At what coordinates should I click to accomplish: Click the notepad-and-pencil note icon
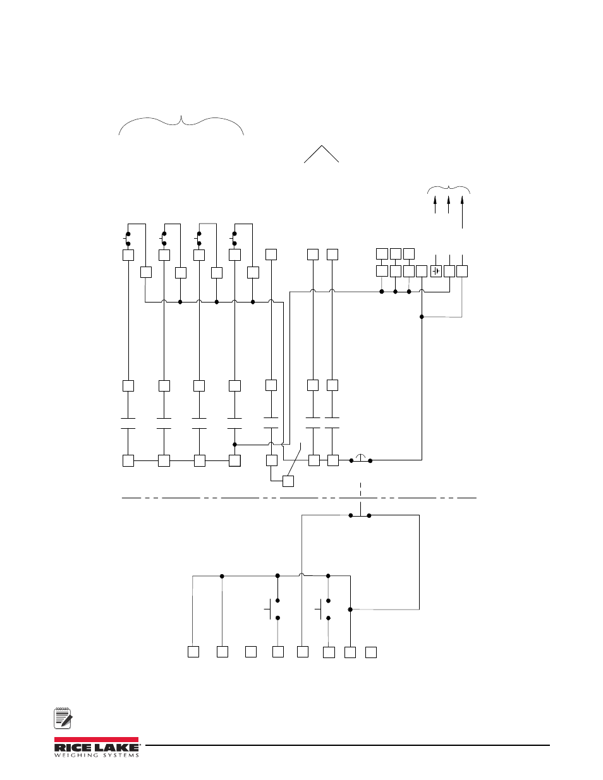click(x=63, y=718)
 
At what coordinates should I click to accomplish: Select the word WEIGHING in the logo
click(x=76, y=755)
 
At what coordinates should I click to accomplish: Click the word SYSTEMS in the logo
click(x=120, y=755)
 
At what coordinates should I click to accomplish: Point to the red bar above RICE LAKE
click(x=96, y=740)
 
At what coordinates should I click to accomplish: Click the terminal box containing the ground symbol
click(x=436, y=272)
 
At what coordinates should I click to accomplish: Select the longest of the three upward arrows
click(x=462, y=212)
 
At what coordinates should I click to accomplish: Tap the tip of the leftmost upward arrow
click(x=435, y=196)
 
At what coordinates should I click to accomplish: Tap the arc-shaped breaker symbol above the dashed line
click(x=360, y=457)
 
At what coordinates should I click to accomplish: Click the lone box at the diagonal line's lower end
click(x=288, y=481)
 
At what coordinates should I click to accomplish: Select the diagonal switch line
click(x=295, y=459)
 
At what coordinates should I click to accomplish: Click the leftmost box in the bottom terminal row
click(x=193, y=652)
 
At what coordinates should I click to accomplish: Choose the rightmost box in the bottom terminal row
click(x=371, y=652)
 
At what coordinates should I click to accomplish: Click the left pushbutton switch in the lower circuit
click(x=273, y=609)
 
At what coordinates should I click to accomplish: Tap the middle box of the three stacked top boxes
click(x=396, y=254)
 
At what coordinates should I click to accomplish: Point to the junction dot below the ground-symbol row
click(x=422, y=317)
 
